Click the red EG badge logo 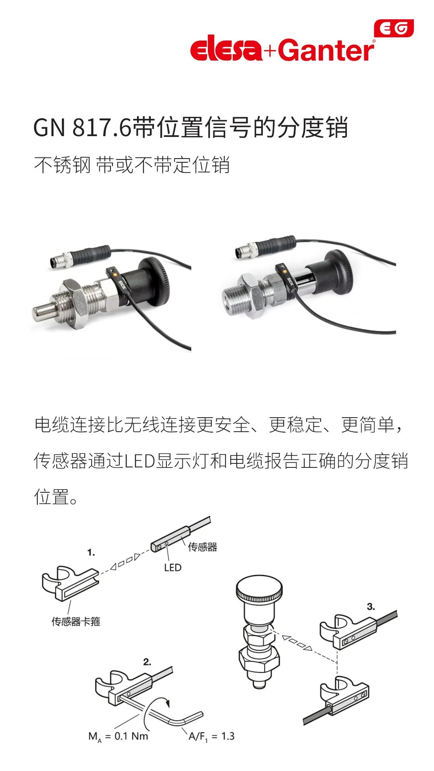pyautogui.click(x=394, y=29)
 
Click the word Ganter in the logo pyautogui.click(x=326, y=50)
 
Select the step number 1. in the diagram pyautogui.click(x=91, y=553)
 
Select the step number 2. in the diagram pyautogui.click(x=147, y=662)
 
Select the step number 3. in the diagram pyautogui.click(x=371, y=607)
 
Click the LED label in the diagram pyautogui.click(x=173, y=567)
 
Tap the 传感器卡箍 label pyautogui.click(x=76, y=622)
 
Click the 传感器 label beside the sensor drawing pyautogui.click(x=203, y=547)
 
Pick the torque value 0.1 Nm pyautogui.click(x=131, y=736)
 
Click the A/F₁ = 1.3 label pyautogui.click(x=211, y=736)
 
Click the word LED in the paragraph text pyautogui.click(x=140, y=461)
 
